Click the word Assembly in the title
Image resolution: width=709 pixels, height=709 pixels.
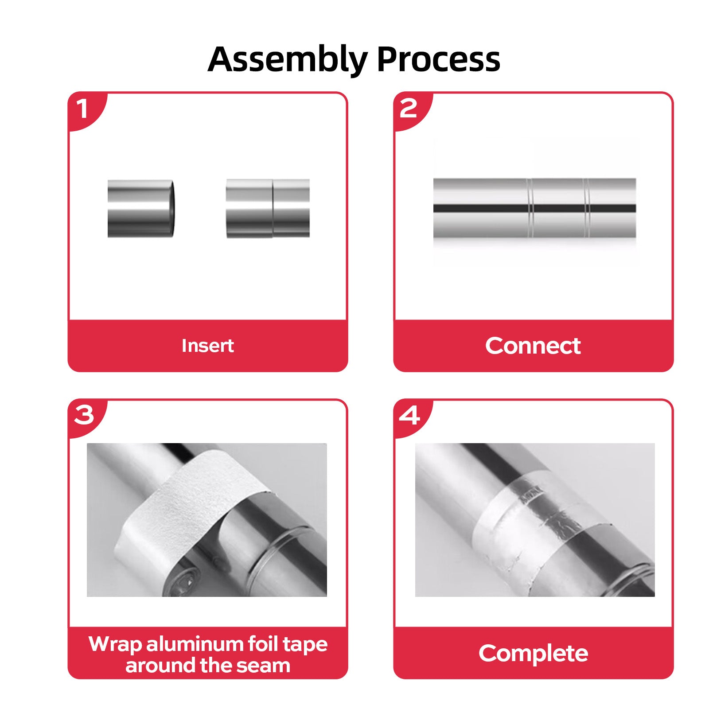[288, 60]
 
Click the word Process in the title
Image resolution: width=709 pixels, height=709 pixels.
[439, 59]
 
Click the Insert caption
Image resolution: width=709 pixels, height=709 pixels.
[207, 346]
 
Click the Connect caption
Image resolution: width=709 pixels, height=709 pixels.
[533, 346]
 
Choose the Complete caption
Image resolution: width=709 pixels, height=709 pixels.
[533, 653]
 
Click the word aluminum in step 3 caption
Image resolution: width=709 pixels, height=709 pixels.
[195, 644]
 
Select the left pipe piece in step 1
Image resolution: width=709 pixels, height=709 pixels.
[141, 208]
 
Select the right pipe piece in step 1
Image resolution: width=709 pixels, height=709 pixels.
[268, 208]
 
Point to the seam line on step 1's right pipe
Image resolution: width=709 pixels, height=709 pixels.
[273, 208]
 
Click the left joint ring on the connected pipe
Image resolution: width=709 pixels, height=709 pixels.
[530, 208]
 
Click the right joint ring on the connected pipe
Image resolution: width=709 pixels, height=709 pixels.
[587, 208]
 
